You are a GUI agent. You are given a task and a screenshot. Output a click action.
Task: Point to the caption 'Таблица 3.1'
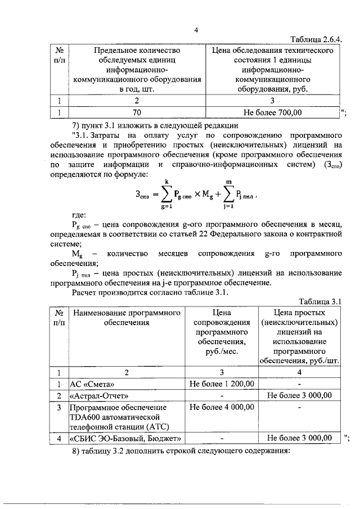321,301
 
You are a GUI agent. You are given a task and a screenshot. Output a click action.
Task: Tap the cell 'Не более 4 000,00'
223,407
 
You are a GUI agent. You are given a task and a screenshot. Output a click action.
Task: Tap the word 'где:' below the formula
79,215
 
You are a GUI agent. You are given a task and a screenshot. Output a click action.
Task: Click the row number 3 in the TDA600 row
59,407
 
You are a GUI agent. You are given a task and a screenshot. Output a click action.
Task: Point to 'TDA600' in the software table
83,417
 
